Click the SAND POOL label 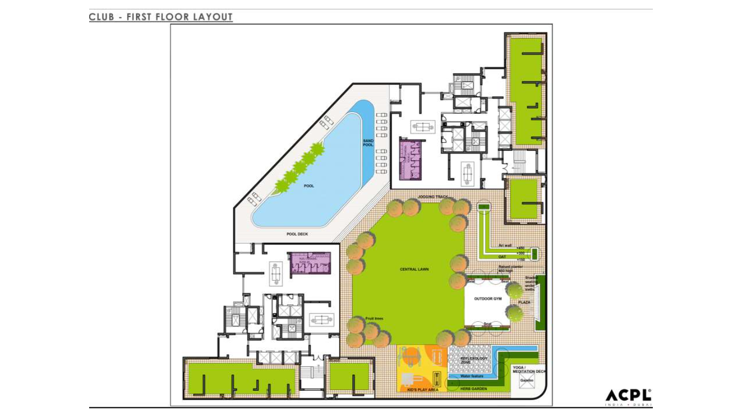[x=368, y=143]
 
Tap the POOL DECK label [x=297, y=234]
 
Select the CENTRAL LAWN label [x=414, y=269]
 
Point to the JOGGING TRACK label [x=433, y=197]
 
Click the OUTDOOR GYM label [x=487, y=299]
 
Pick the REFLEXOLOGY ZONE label [x=474, y=360]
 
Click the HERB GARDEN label [x=474, y=389]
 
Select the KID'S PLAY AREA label [x=423, y=390]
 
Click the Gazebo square [x=527, y=381]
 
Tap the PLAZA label [x=524, y=302]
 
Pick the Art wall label [x=505, y=246]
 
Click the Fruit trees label [x=374, y=319]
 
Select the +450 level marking [x=520, y=248]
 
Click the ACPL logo [x=628, y=397]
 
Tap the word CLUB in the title [x=102, y=17]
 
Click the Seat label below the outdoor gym [x=487, y=324]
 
